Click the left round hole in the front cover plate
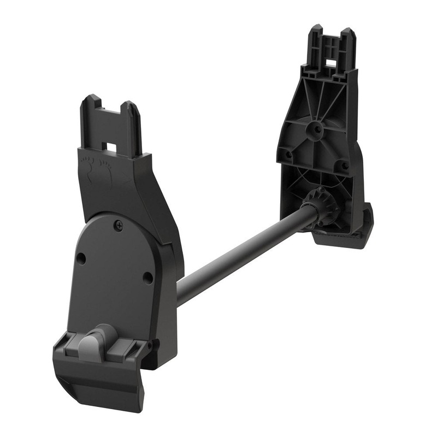point(81,257)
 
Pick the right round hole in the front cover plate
point(147,278)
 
